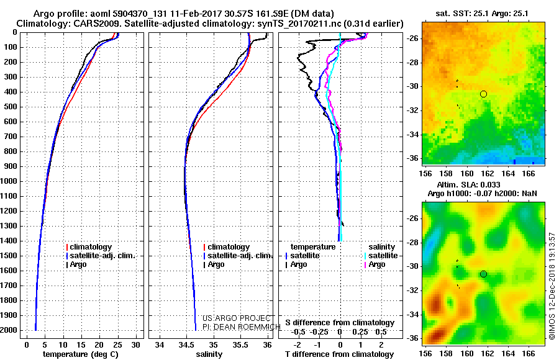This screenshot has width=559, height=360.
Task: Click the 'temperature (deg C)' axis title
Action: click(x=80, y=354)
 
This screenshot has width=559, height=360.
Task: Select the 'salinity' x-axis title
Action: click(x=209, y=354)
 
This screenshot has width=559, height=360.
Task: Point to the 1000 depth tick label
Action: click(x=9, y=181)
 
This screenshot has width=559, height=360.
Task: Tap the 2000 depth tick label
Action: click(x=9, y=330)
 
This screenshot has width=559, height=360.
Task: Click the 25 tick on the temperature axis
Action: click(x=117, y=345)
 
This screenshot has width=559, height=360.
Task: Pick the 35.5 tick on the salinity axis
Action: click(x=240, y=345)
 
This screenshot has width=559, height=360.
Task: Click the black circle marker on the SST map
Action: click(x=483, y=94)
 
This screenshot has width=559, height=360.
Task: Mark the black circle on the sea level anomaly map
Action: click(x=483, y=274)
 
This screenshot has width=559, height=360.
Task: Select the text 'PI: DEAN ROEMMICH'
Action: click(x=242, y=326)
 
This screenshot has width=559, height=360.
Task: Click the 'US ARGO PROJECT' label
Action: click(x=237, y=318)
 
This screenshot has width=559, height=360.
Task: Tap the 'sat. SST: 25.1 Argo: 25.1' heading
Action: click(x=481, y=14)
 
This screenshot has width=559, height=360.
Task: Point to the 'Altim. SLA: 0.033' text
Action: click(x=468, y=184)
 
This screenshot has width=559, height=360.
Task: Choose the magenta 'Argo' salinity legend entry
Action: click(x=375, y=264)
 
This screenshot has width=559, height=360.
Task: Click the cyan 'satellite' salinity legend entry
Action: click(x=381, y=256)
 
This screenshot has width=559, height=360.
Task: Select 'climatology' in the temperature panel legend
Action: click(x=89, y=246)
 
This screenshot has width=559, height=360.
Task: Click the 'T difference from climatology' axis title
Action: click(x=339, y=354)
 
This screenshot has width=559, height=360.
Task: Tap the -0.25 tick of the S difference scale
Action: click(x=319, y=332)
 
